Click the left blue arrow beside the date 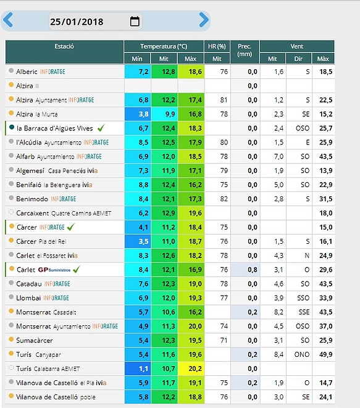(x=8, y=20)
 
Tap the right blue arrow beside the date (x=204, y=20)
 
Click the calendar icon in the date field (x=135, y=22)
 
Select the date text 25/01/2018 (x=77, y=22)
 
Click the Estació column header (x=64, y=46)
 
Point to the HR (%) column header (x=217, y=46)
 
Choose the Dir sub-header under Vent (x=298, y=59)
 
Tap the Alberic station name (x=27, y=72)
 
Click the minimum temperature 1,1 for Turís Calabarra (x=143, y=368)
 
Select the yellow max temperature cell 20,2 (x=191, y=368)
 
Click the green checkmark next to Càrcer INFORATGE (x=71, y=227)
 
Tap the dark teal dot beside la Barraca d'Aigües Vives (x=12, y=127)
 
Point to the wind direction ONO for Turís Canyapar (x=302, y=354)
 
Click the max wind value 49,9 (x=326, y=354)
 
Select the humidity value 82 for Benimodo (x=224, y=199)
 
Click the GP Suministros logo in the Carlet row (x=54, y=270)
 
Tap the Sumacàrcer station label (x=35, y=340)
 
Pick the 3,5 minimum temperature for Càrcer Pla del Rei (x=143, y=241)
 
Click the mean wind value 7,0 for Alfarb (x=278, y=156)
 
